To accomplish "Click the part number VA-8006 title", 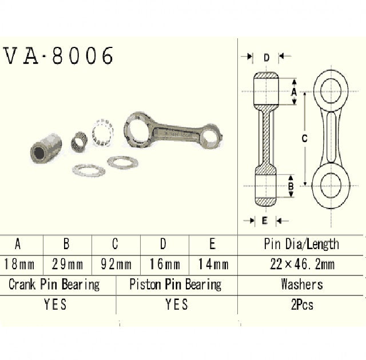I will coord(59,55).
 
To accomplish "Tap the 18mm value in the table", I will coord(18,265).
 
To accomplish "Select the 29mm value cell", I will coord(67,265).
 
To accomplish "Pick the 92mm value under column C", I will coord(115,265).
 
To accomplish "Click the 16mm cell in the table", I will coord(164,265).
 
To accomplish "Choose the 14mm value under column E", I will coord(212,265).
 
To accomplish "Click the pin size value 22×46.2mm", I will coord(301,265).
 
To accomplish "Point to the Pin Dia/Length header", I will coord(301,245).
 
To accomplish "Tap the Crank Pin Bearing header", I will coord(54,284).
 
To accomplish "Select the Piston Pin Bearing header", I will coord(176,284).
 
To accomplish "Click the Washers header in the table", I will coord(301,284).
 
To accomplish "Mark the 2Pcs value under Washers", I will coord(301,305).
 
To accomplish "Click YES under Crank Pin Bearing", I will coord(55,305).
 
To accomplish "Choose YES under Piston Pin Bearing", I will coord(176,305).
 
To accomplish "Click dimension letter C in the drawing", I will coord(305,138).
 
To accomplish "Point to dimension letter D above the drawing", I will coord(266,57).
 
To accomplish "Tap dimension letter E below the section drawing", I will coord(264,220).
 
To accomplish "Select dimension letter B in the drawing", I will coord(291,186).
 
